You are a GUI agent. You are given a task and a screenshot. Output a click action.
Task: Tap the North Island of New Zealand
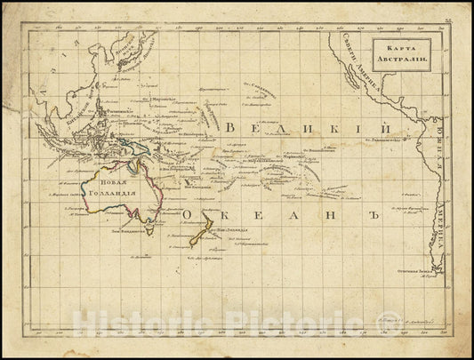coord(212,228)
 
